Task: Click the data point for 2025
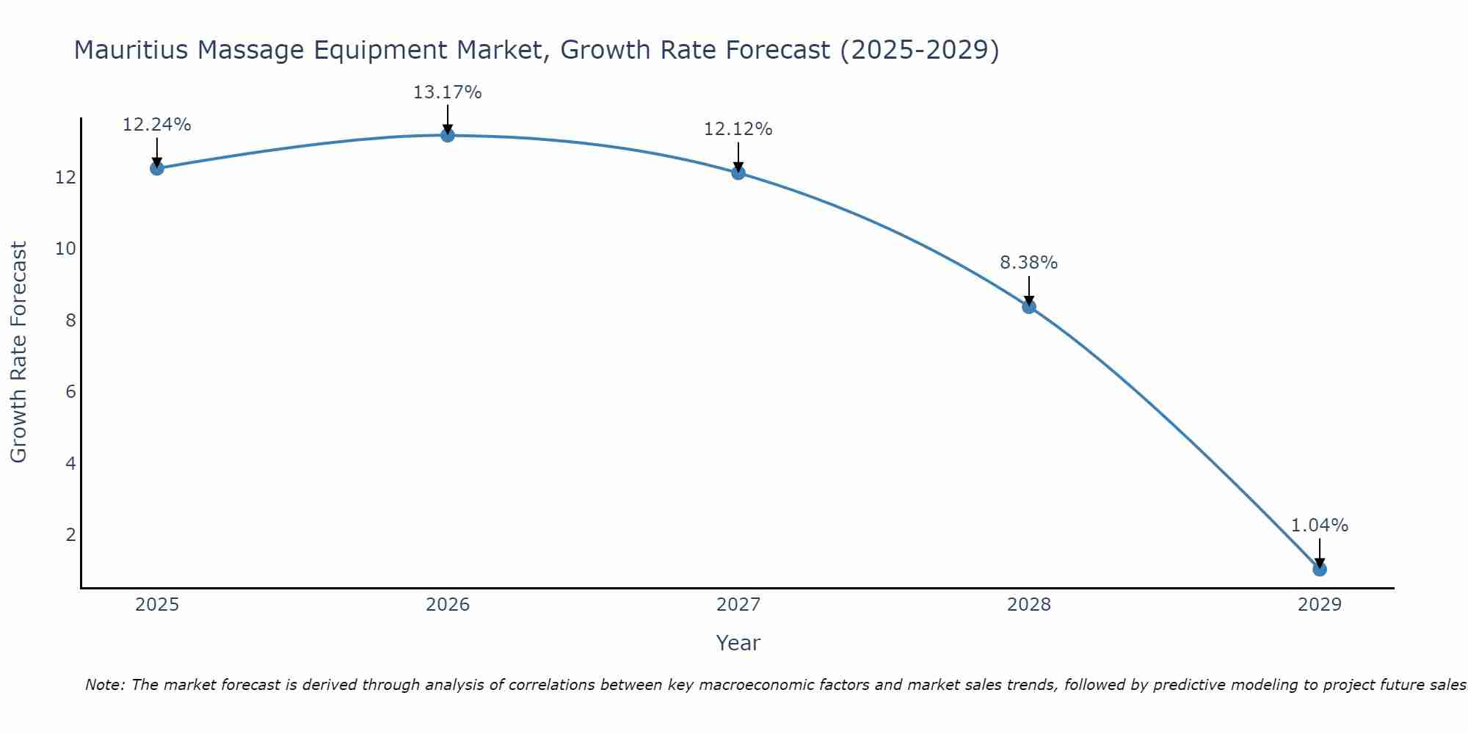156,168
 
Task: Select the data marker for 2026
448,135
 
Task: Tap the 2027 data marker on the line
738,172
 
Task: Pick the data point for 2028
1029,306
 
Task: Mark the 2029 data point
1320,569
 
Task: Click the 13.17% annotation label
448,92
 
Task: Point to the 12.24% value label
156,125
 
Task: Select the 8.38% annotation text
1029,263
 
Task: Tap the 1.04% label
1320,526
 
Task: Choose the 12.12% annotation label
738,129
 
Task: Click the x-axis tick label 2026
448,605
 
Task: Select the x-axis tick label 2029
1320,605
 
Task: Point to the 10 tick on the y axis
66,249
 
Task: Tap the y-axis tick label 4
71,463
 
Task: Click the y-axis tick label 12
66,178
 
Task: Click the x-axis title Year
738,643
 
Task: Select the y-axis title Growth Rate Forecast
19,352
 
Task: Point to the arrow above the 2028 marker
1029,290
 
